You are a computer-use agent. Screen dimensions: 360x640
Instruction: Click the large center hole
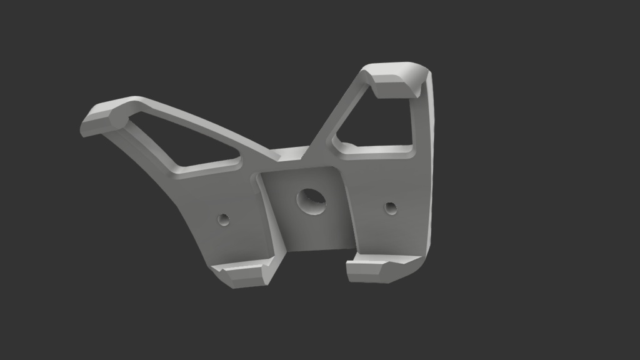pyautogui.click(x=311, y=201)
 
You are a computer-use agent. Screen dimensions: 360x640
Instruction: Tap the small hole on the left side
pyautogui.click(x=223, y=219)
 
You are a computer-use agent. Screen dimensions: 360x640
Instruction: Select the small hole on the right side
pyautogui.click(x=391, y=207)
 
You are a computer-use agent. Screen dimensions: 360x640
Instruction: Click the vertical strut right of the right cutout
pyautogui.click(x=420, y=125)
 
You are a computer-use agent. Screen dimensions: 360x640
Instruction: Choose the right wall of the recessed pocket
pyautogui.click(x=347, y=206)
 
